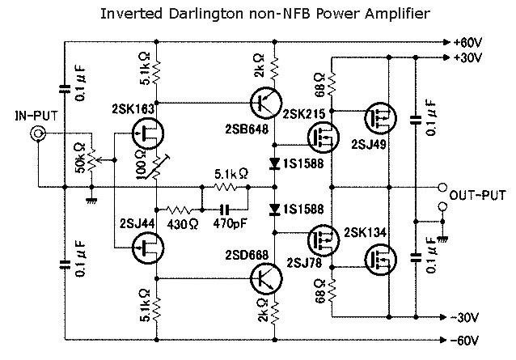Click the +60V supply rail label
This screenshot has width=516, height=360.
468,40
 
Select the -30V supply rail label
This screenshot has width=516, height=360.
468,317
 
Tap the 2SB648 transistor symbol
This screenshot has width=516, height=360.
264,104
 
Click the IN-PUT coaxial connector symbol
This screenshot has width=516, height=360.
36,136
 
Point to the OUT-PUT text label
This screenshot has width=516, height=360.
477,196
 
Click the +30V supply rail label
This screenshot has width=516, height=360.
468,57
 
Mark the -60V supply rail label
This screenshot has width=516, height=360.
468,340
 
